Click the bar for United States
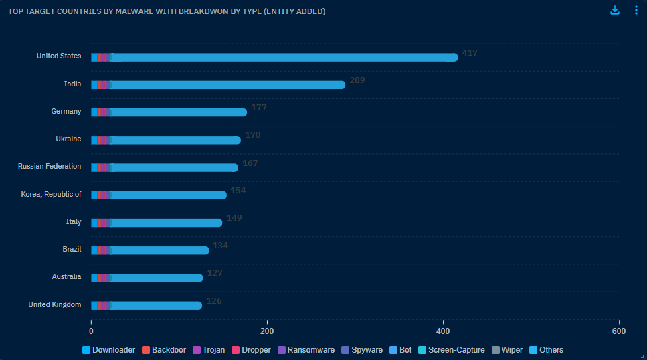(274, 57)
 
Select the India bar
(218, 85)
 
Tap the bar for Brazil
(150, 250)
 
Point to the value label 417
(470, 52)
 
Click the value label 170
(252, 135)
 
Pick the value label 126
(213, 301)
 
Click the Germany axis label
(66, 112)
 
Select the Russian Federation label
(50, 167)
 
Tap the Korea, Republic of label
(52, 195)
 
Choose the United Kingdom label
(55, 305)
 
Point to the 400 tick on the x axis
(443, 331)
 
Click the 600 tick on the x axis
(619, 331)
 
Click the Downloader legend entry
(108, 350)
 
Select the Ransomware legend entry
(306, 350)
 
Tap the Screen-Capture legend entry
(451, 350)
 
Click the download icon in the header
(615, 11)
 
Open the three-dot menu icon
(636, 11)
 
